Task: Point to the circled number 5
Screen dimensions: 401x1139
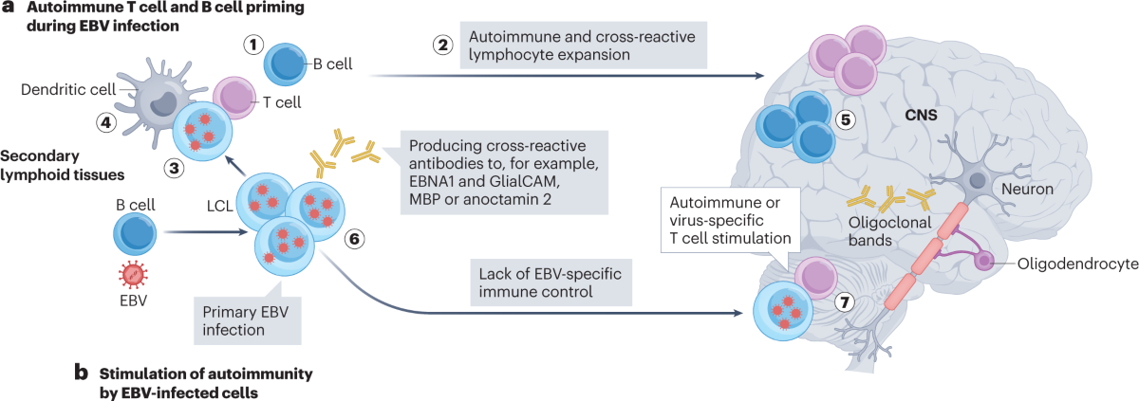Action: [846, 120]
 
